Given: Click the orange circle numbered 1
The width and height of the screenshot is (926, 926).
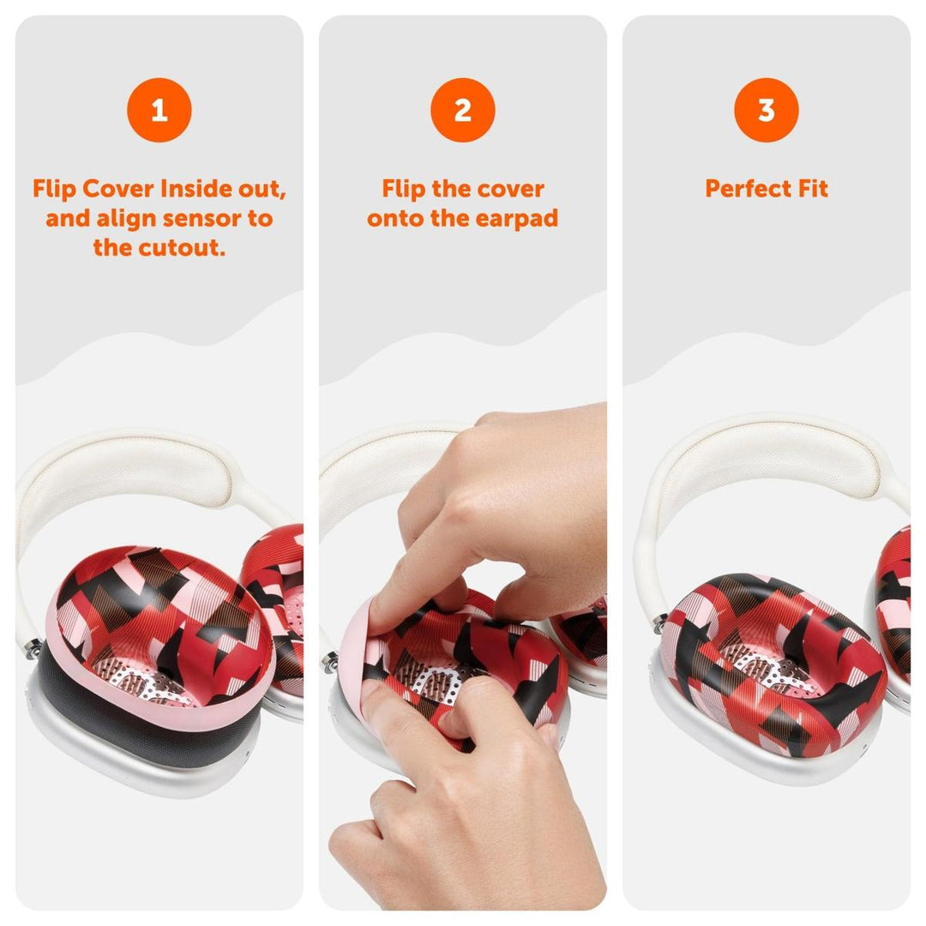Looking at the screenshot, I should pyautogui.click(x=159, y=110).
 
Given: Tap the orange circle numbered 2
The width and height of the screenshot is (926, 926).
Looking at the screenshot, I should pyautogui.click(x=463, y=110).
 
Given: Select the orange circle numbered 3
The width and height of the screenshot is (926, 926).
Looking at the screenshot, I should pyautogui.click(x=766, y=110).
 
